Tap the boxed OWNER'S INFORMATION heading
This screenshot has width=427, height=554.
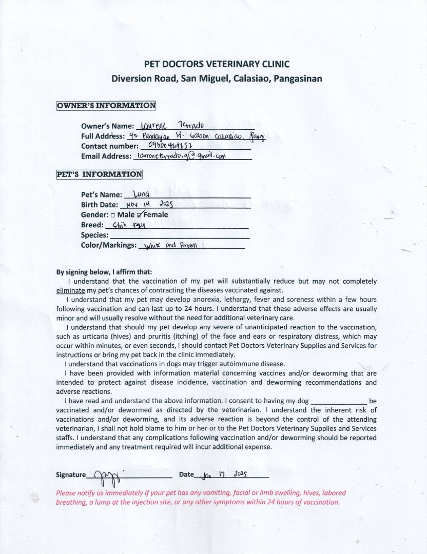pos(106,106)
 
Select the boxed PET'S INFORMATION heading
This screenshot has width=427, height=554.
pos(99,174)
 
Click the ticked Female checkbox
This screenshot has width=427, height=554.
pos(140,214)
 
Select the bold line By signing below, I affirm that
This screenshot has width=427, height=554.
pos(104,272)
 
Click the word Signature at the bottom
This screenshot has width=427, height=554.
pos(71,475)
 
